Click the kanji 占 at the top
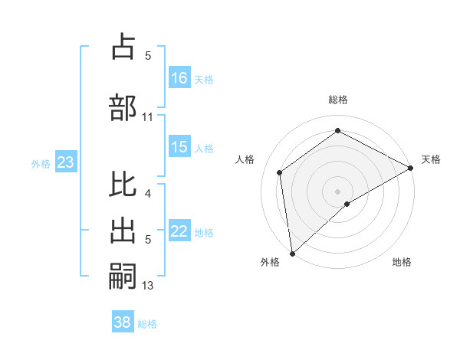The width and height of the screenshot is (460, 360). click(123, 47)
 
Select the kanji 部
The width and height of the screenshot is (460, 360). click(123, 106)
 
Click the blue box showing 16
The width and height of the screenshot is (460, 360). click(179, 78)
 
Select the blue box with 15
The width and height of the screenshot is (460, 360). click(179, 147)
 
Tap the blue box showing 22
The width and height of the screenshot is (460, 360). click(179, 231)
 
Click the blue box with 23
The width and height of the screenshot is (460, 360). click(65, 162)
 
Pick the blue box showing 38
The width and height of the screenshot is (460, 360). click(123, 322)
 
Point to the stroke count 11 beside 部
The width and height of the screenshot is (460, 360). click(148, 116)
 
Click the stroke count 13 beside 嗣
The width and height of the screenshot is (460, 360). click(148, 286)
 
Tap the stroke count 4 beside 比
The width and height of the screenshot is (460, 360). click(148, 193)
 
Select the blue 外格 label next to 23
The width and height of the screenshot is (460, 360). click(41, 163)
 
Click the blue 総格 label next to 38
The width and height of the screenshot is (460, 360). click(147, 324)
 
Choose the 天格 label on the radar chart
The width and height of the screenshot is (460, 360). click(432, 159)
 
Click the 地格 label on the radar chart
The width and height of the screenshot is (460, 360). click(402, 262)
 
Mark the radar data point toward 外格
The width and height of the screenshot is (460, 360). click(292, 253)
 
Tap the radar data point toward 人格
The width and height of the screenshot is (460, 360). click(280, 172)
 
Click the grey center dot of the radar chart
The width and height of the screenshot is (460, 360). click(338, 191)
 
